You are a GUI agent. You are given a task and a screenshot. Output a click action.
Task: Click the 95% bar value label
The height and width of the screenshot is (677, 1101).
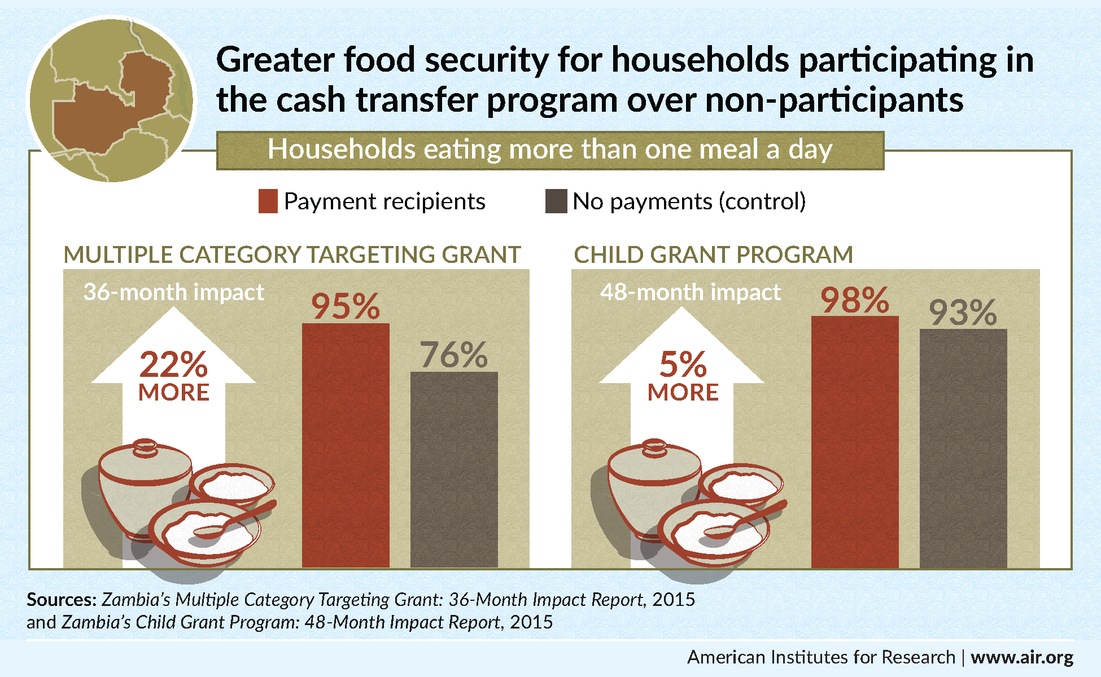click(346, 306)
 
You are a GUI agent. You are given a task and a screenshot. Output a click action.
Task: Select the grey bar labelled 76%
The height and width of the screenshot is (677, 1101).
click(454, 468)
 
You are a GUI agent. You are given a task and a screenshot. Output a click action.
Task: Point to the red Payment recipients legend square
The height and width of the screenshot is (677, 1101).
click(268, 201)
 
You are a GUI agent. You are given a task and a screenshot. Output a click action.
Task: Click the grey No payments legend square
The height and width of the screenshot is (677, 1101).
click(556, 201)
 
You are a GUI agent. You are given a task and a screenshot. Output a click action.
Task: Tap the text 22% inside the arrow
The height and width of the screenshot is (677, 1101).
click(173, 364)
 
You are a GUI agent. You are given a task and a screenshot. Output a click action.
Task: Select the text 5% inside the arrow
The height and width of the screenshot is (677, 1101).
click(683, 364)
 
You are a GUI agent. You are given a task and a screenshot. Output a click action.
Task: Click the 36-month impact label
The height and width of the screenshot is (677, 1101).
click(173, 292)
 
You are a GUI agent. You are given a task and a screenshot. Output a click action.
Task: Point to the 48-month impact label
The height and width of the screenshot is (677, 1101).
click(690, 292)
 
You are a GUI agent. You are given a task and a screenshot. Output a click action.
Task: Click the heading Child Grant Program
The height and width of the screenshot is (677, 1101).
click(713, 255)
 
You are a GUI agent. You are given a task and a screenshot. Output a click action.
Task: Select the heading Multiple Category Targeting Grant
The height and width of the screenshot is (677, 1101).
click(292, 255)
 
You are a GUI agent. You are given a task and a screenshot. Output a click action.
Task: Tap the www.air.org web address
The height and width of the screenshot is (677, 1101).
click(1022, 657)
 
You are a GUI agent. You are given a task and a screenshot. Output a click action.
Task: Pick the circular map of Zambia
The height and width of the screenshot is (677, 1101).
click(112, 100)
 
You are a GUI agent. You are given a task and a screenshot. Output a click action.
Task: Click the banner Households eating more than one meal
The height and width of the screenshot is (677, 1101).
click(550, 150)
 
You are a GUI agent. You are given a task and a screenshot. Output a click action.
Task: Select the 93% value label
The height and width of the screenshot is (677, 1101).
click(963, 313)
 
